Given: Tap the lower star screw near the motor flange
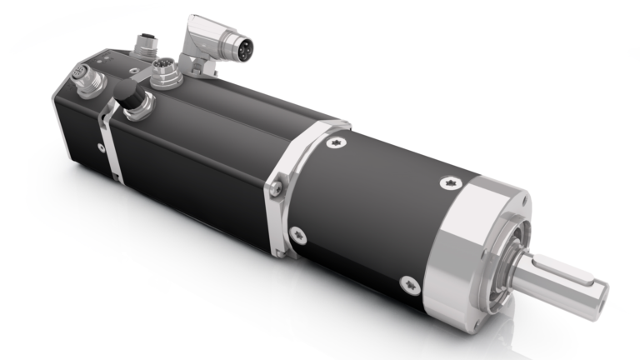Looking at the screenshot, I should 297,236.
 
